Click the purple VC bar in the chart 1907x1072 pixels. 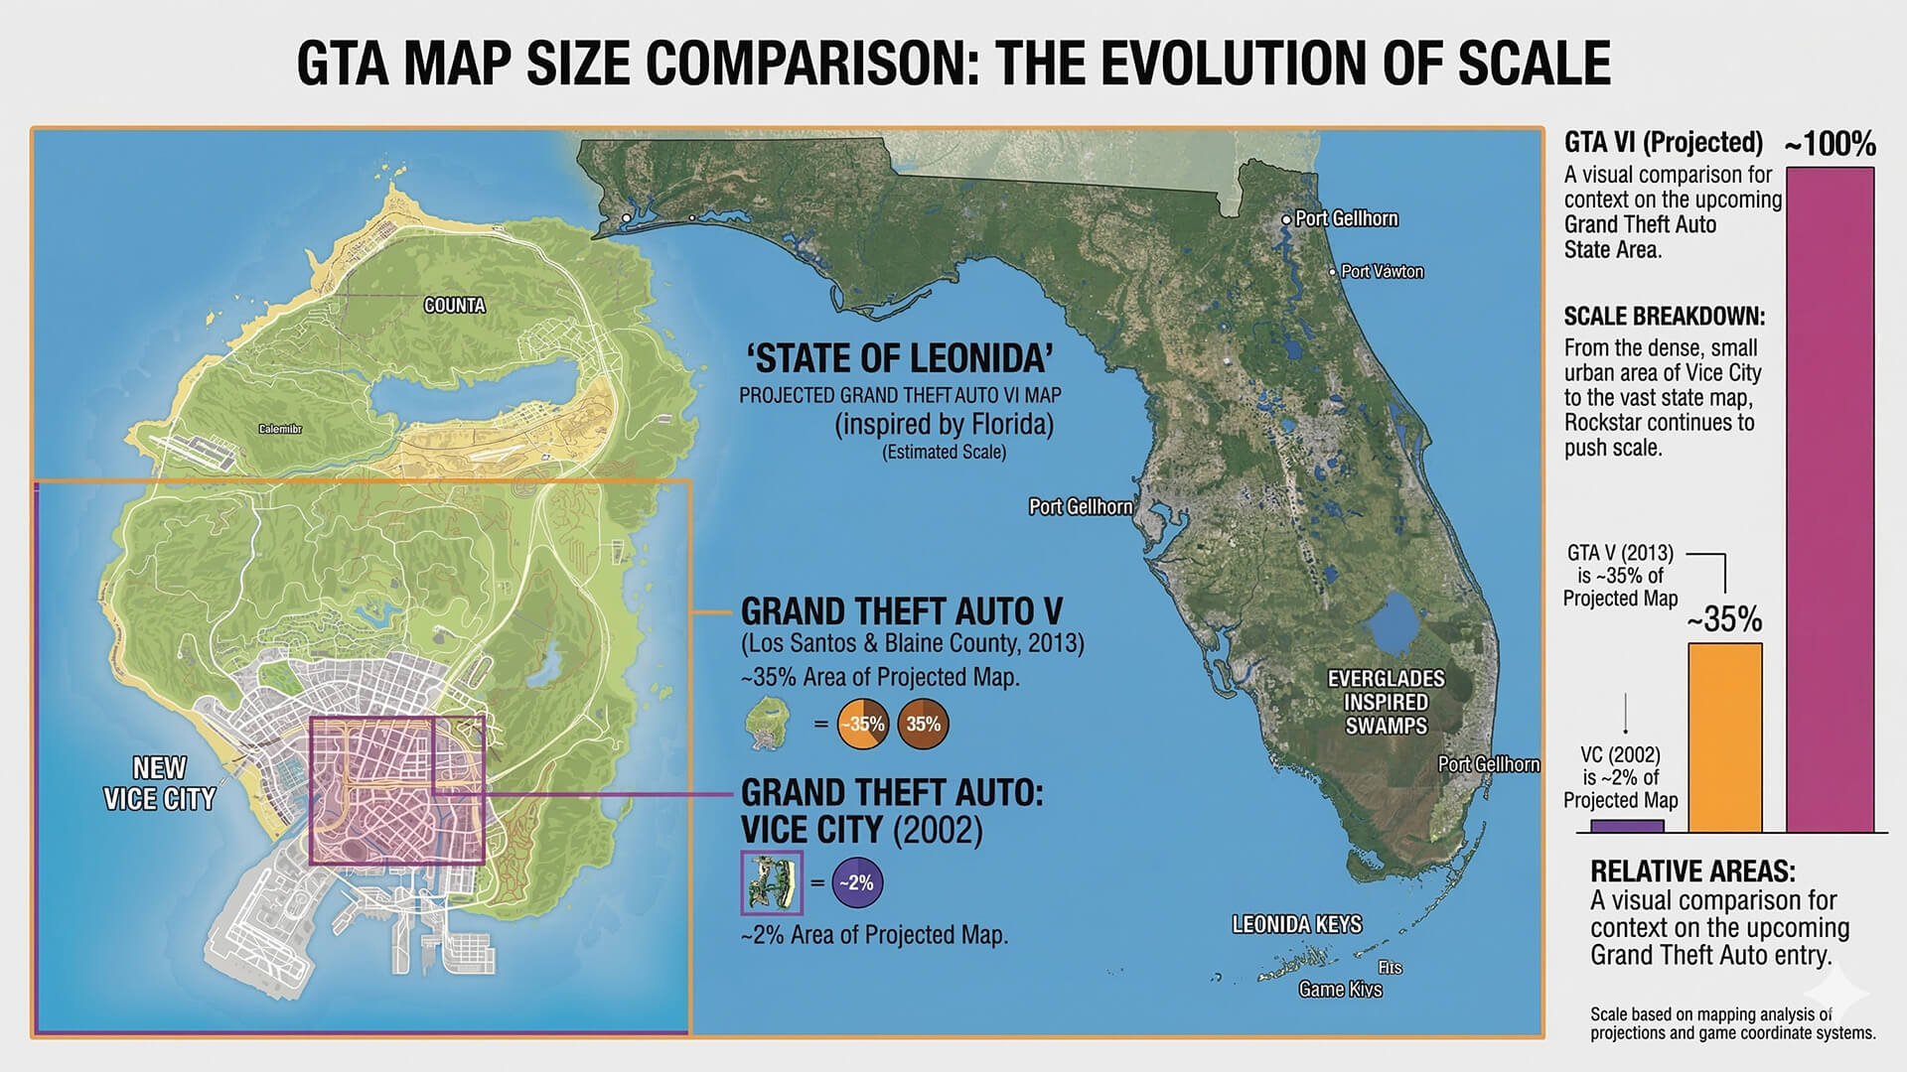[x=1627, y=826]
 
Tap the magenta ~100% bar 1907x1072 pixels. [x=1830, y=496]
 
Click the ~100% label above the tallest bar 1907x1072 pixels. [x=1830, y=145]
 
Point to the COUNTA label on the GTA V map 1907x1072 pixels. [x=455, y=306]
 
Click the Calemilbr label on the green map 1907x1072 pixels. [x=280, y=429]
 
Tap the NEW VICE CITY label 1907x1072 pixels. [x=159, y=783]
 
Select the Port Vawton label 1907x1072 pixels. [x=1382, y=271]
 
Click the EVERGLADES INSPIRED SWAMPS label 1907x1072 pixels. [x=1386, y=702]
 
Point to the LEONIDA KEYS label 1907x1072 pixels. [x=1296, y=925]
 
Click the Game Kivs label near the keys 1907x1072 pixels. [x=1340, y=989]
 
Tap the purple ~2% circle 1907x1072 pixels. [x=856, y=882]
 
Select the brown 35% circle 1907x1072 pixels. [x=923, y=724]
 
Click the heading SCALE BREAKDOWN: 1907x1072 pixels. [x=1664, y=317]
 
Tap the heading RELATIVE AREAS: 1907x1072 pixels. [x=1692, y=871]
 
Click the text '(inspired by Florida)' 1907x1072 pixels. [x=944, y=425]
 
